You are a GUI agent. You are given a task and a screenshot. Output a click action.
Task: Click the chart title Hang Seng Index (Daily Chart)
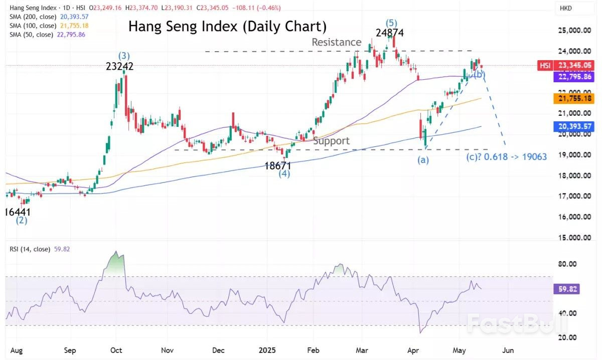click(227, 26)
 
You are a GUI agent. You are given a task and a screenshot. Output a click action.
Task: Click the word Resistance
click(336, 42)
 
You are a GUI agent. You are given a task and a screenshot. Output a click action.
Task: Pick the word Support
click(331, 141)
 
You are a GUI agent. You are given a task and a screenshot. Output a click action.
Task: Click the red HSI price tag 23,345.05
click(566, 66)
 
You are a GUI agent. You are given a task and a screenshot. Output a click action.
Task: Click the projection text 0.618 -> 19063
click(516, 157)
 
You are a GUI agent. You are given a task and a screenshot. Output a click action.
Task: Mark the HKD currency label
click(565, 9)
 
